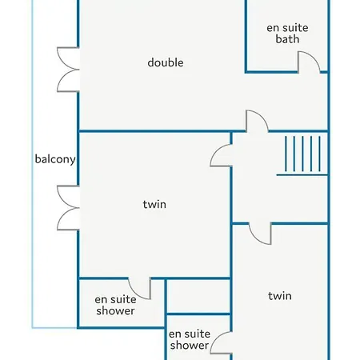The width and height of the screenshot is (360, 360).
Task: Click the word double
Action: coord(166,62)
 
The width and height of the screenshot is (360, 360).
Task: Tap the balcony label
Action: coord(55,159)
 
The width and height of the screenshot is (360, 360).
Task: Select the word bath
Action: coord(287,39)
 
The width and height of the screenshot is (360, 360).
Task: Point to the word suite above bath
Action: coord(295,28)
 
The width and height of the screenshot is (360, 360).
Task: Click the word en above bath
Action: coord(273,29)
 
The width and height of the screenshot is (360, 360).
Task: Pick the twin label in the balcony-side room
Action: coord(154,205)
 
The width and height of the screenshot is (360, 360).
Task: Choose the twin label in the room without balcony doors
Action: coord(280,296)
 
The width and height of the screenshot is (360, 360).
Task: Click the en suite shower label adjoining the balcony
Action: coord(115,305)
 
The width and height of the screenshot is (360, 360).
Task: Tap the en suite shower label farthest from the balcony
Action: coord(190,339)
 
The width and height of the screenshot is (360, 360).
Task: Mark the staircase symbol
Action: coord(302,156)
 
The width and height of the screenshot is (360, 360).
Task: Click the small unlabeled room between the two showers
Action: coord(198,296)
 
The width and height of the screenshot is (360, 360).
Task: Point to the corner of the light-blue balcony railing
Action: coord(33,327)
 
